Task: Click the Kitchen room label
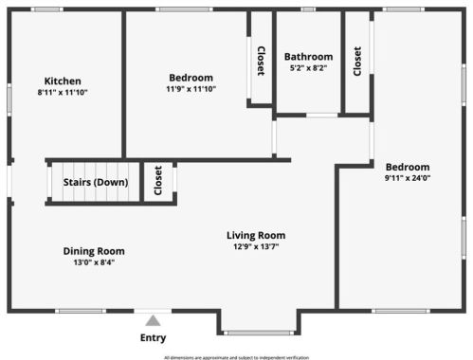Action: (63, 81)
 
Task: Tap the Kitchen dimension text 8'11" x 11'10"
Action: (63, 92)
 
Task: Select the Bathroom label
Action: (308, 57)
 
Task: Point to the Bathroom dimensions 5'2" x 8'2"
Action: (308, 68)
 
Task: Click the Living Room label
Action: (256, 235)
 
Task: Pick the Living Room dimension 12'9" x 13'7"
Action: (256, 246)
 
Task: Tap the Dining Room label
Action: (94, 251)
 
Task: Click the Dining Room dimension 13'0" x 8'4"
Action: (94, 262)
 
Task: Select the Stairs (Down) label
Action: (95, 182)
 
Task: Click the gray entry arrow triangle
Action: (153, 320)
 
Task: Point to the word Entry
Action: (153, 337)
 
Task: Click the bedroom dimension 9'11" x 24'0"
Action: (408, 177)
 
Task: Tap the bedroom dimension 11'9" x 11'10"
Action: (191, 89)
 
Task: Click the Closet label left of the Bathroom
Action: (261, 61)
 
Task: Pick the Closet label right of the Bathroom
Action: (357, 61)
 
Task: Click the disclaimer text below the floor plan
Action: (236, 357)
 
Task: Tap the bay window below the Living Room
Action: (258, 332)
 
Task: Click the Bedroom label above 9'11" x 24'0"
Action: (408, 166)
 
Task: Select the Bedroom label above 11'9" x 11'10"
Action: (191, 78)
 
